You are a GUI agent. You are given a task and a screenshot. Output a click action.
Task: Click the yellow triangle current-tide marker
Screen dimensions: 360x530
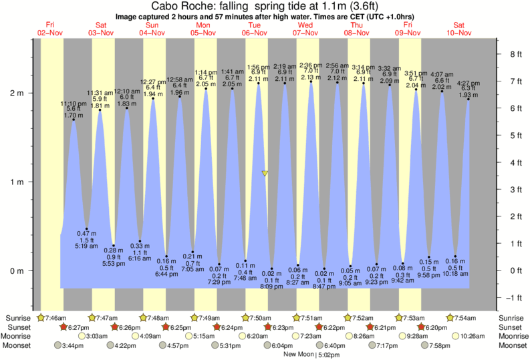[265, 174]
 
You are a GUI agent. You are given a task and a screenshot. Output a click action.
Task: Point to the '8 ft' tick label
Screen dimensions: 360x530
[513, 55]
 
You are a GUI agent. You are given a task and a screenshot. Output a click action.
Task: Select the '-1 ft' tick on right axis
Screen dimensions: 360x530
[513, 297]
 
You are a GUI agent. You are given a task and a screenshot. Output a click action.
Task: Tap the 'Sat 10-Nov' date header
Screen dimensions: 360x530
[460, 28]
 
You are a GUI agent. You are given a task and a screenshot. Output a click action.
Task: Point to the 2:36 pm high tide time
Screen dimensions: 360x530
[310, 65]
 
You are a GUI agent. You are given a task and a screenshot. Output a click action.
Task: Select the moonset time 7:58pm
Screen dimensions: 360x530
[452, 345]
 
